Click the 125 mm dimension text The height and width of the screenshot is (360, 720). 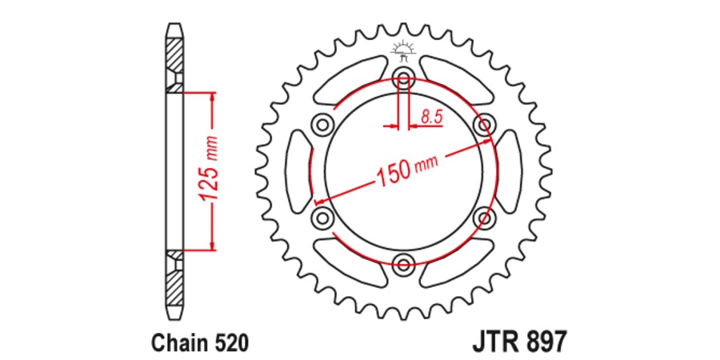[x=210, y=170]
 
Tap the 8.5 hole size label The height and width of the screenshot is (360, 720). [x=431, y=117]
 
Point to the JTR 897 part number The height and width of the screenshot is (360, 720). [x=519, y=342]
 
